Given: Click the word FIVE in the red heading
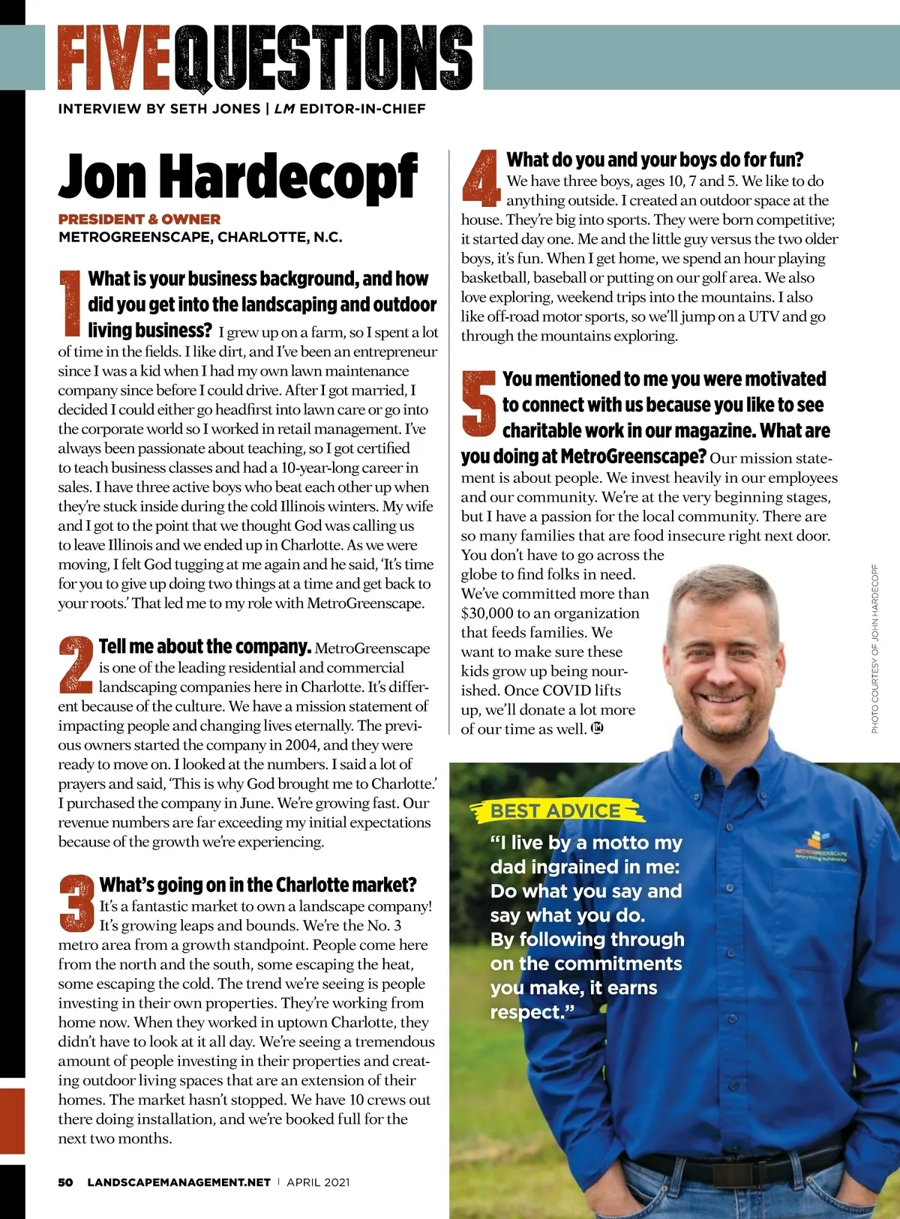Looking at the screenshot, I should click(116, 57).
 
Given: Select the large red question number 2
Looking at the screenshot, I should click(76, 663).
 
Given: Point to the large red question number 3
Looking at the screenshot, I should click(77, 903).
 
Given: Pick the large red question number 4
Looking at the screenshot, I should click(481, 178).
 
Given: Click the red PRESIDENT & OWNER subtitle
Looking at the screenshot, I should click(139, 220).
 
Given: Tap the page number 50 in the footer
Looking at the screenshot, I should click(66, 1182).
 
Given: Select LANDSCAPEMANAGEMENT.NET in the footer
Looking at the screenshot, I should click(178, 1182).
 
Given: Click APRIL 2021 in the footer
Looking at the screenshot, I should click(318, 1182).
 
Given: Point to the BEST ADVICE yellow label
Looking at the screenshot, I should click(556, 810).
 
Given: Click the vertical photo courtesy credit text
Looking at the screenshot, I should click(874, 648).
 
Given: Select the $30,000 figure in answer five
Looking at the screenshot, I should click(487, 613).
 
